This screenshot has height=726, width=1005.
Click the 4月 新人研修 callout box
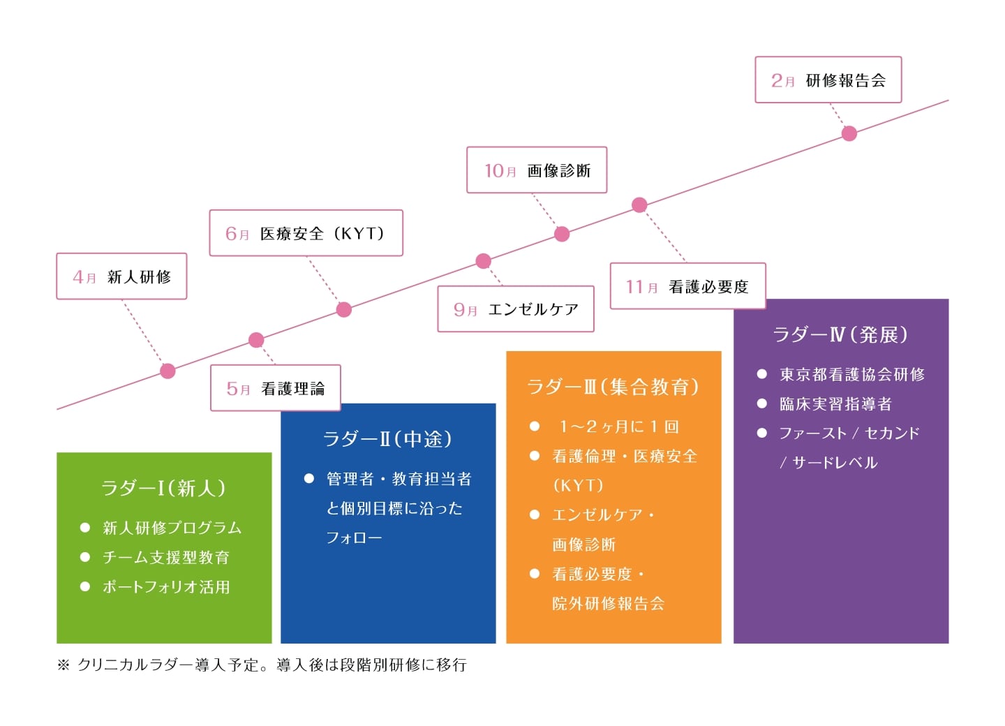(x=121, y=276)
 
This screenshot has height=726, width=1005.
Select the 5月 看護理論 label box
(x=276, y=388)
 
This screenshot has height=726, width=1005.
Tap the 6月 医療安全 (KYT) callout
(x=306, y=233)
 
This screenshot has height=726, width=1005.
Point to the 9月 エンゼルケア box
(x=516, y=309)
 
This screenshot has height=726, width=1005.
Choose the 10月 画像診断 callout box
(x=537, y=170)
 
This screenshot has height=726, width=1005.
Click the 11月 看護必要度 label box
(x=687, y=286)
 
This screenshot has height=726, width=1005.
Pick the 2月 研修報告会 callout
(x=828, y=80)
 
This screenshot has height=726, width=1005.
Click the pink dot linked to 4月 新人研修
(x=167, y=371)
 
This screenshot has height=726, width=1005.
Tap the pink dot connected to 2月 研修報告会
(x=849, y=133)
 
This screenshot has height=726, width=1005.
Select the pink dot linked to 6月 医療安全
(x=344, y=309)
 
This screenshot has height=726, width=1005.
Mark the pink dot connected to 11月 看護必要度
(x=639, y=205)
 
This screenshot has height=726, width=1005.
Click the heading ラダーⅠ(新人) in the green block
(x=163, y=488)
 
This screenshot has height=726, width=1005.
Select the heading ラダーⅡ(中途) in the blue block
(x=387, y=439)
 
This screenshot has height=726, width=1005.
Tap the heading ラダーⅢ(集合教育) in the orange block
(x=613, y=387)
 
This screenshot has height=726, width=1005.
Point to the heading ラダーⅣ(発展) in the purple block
(x=840, y=335)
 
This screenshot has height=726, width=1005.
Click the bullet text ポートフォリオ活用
(x=166, y=587)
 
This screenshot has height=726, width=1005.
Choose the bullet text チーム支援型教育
(x=166, y=558)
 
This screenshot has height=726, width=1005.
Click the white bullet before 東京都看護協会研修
(x=762, y=374)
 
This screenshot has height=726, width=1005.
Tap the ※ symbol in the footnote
(x=64, y=665)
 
